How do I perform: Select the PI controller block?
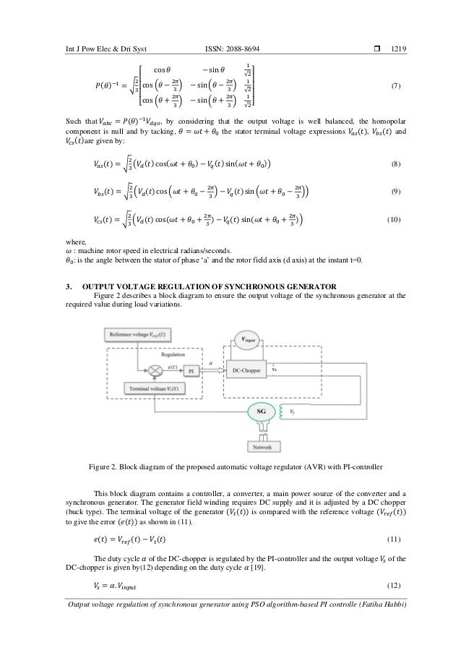[190, 369]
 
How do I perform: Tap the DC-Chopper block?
[246, 369]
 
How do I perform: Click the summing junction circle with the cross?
[154, 369]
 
